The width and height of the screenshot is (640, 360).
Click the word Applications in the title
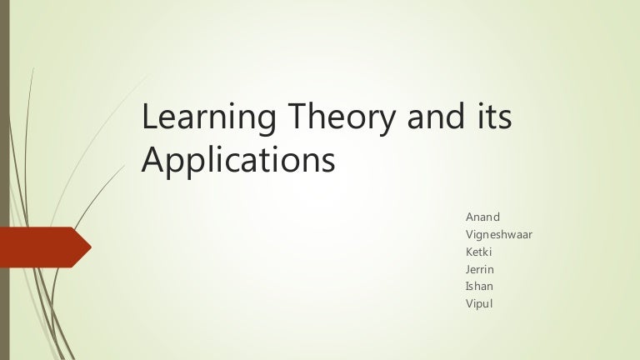point(237,158)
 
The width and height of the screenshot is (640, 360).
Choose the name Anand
point(482,217)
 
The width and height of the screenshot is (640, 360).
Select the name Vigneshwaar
point(498,234)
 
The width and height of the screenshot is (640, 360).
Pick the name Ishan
point(479,286)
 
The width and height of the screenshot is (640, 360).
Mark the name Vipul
point(478,303)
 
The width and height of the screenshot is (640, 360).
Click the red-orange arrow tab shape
point(42,247)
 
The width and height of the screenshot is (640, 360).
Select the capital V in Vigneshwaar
point(468,234)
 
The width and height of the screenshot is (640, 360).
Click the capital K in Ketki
point(468,251)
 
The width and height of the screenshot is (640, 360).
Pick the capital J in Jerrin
point(467,268)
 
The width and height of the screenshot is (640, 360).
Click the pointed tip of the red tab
point(89,247)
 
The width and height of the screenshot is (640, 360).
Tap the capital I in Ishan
point(467,286)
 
